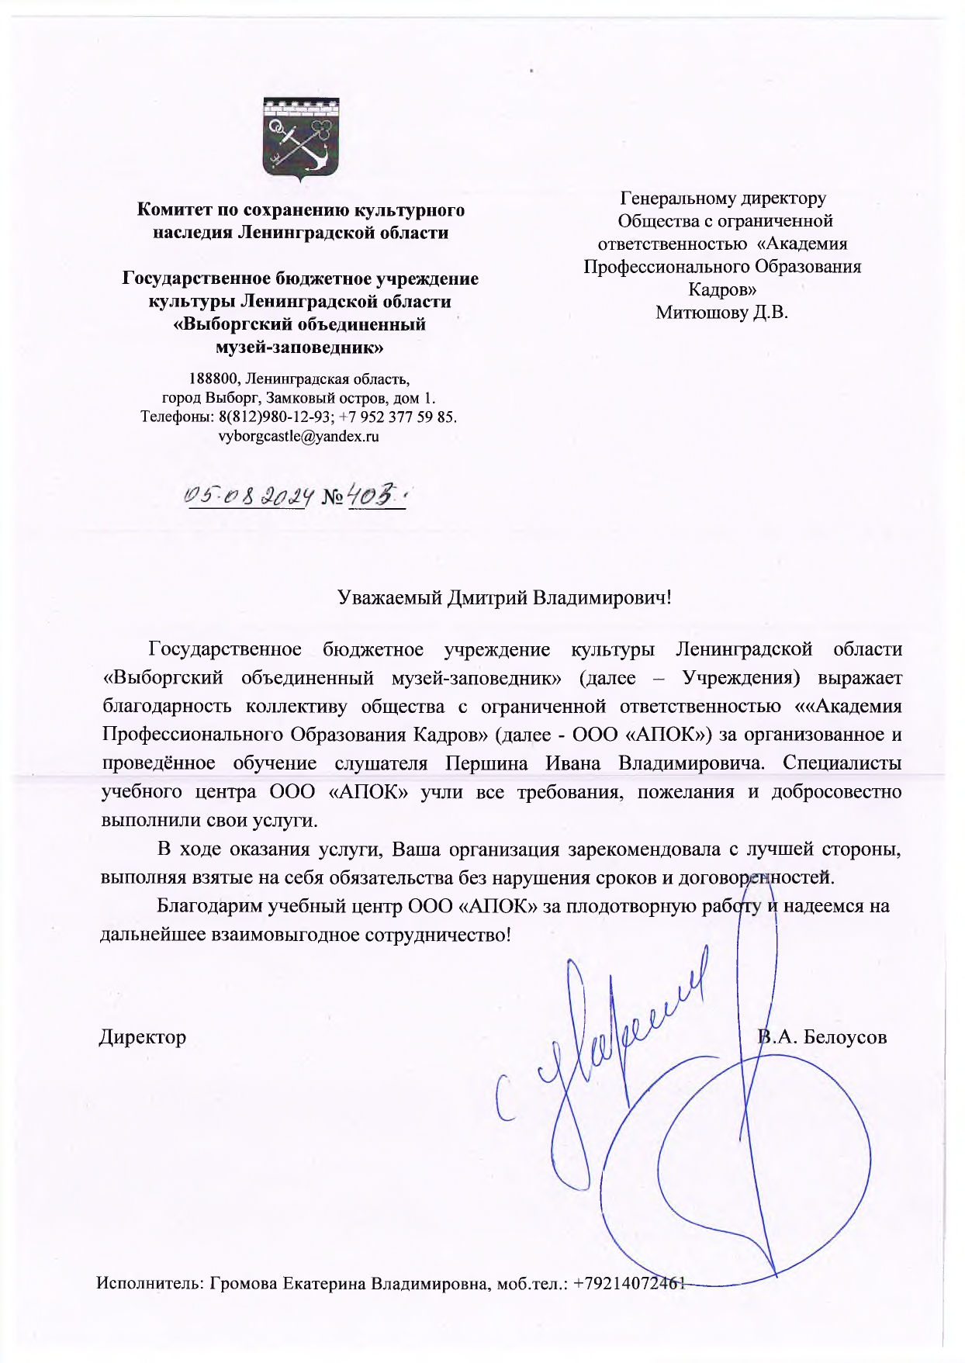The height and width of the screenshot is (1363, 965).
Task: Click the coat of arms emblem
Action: (301, 138)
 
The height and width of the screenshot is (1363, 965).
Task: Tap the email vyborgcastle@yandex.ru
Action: (299, 436)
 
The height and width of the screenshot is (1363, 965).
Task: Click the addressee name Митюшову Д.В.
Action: (721, 312)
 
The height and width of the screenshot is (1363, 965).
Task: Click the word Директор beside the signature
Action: (143, 1037)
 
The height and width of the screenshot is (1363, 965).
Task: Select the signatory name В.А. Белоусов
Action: (823, 1037)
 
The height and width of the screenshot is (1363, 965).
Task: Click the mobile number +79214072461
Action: (629, 1283)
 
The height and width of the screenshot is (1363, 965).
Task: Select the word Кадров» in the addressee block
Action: (722, 289)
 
